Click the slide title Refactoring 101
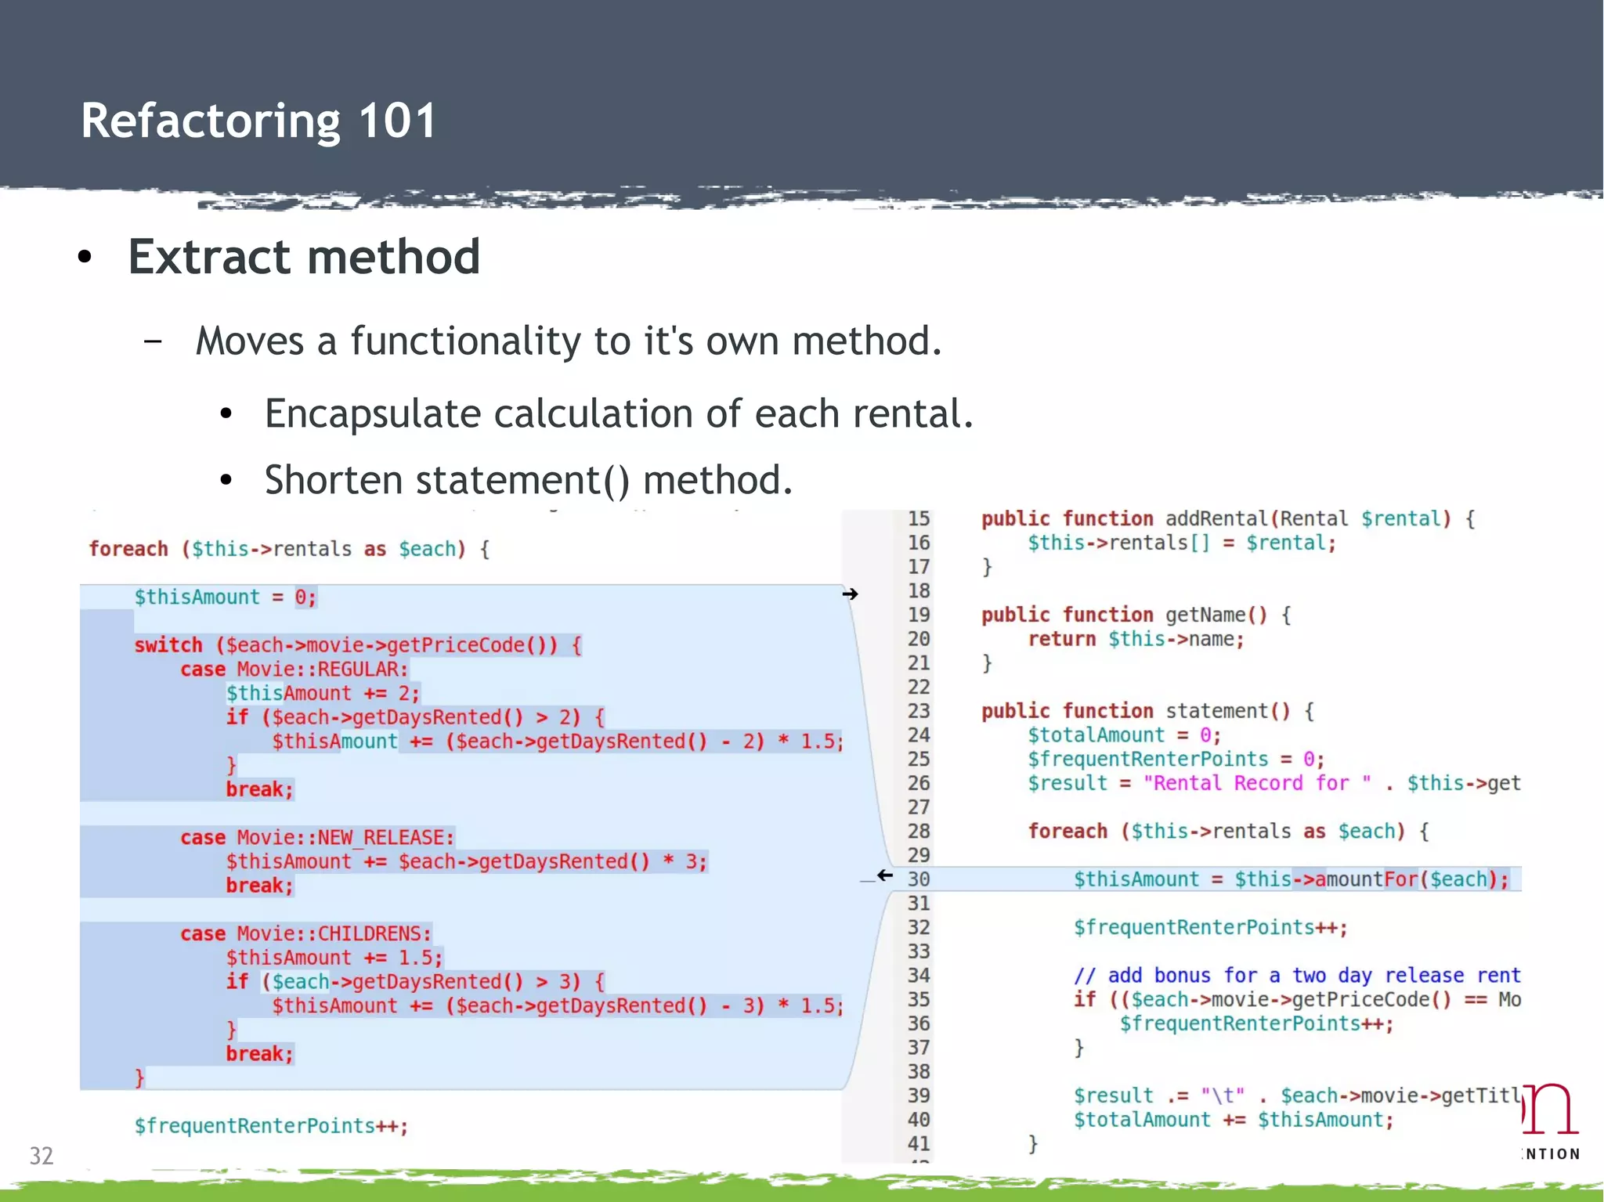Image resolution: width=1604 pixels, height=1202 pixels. pyautogui.click(x=258, y=121)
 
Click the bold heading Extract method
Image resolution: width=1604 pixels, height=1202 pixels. pyautogui.click(x=304, y=257)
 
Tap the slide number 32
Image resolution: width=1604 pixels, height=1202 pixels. pyautogui.click(x=41, y=1156)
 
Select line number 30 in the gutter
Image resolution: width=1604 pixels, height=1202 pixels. pyautogui.click(x=919, y=879)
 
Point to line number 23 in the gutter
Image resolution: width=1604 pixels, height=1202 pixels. pyautogui.click(x=919, y=711)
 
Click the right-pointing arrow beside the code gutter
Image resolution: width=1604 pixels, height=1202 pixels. pyautogui.click(x=850, y=594)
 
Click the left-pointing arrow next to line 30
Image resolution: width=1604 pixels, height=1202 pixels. pyautogui.click(x=885, y=875)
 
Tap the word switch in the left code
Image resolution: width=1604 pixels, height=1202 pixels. pyautogui.click(x=168, y=645)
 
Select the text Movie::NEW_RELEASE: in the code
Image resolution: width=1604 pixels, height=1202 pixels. pyautogui.click(x=345, y=838)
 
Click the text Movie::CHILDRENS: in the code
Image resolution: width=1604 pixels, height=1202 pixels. pyautogui.click(x=334, y=934)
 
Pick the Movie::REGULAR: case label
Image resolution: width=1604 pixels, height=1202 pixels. pyautogui.click(x=323, y=670)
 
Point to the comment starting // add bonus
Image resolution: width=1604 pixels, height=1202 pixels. pyautogui.click(x=1296, y=976)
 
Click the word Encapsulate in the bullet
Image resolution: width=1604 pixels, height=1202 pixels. pyautogui.click(x=372, y=413)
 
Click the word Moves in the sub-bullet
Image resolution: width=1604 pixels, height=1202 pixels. pyautogui.click(x=249, y=341)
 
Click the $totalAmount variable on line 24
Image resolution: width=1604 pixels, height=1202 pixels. pyautogui.click(x=1096, y=735)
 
